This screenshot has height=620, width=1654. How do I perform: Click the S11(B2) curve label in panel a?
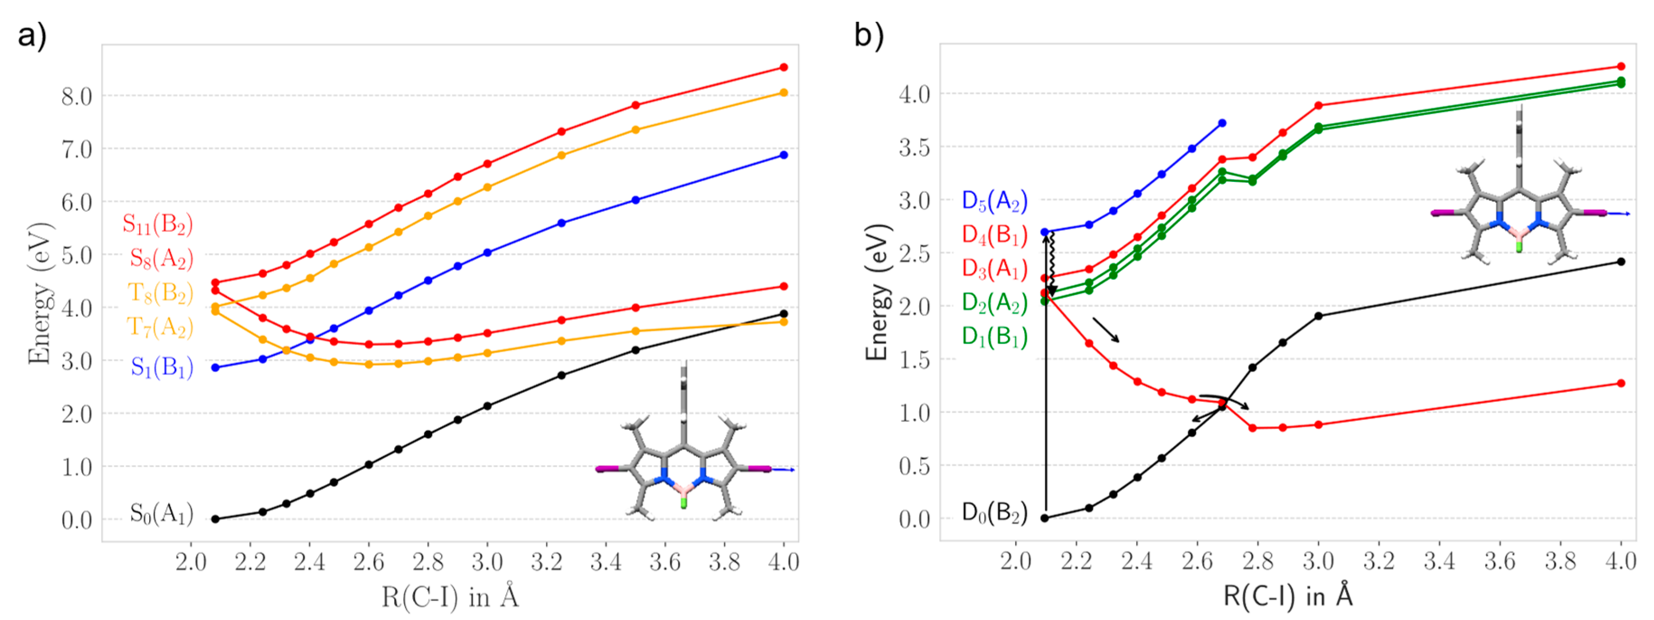click(157, 224)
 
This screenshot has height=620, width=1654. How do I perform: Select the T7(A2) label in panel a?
click(160, 327)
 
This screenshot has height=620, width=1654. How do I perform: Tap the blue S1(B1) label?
click(162, 367)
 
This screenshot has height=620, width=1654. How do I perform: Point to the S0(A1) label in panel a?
click(161, 513)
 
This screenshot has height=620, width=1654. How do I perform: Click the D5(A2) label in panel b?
click(994, 201)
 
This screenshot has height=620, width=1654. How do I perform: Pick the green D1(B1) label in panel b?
click(994, 336)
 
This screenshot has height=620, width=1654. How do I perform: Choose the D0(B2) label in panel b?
click(994, 512)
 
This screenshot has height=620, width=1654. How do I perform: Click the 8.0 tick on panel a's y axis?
click(76, 96)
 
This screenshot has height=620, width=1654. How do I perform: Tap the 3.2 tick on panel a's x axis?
click(546, 562)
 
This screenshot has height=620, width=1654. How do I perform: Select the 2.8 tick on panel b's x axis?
click(1257, 561)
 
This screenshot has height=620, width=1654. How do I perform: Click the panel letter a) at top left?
click(32, 35)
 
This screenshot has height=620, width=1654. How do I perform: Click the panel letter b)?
click(869, 35)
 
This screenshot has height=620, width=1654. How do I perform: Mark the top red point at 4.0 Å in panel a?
click(783, 67)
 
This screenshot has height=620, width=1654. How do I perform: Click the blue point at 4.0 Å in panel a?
click(783, 155)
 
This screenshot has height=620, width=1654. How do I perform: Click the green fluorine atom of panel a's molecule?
click(684, 504)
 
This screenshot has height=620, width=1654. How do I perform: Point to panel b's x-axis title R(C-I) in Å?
click(1287, 596)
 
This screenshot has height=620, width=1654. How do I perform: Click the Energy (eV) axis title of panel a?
click(39, 294)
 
